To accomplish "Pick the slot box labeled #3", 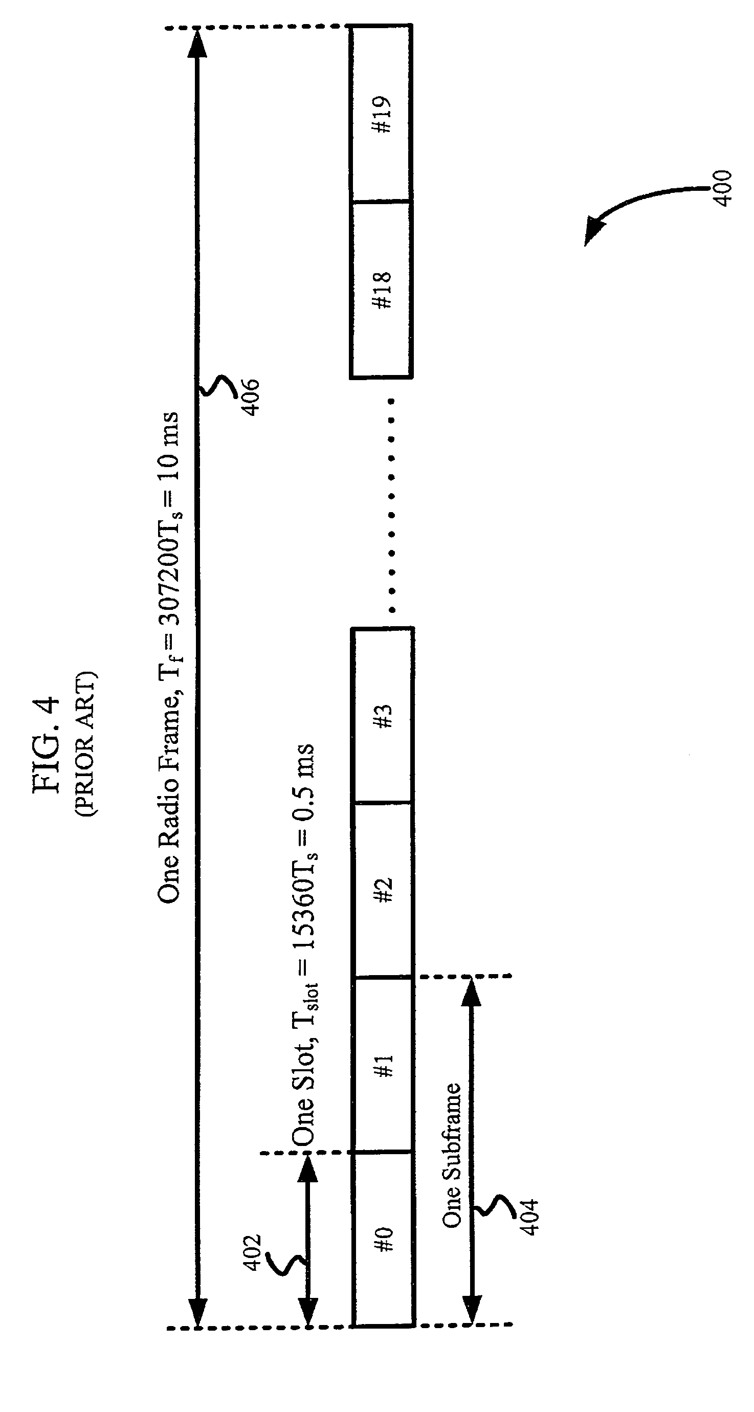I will point(383,715).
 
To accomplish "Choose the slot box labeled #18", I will point(383,290).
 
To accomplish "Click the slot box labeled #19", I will point(383,114).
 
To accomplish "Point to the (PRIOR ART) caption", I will point(85,743).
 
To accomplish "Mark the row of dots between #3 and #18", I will point(391,504).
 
